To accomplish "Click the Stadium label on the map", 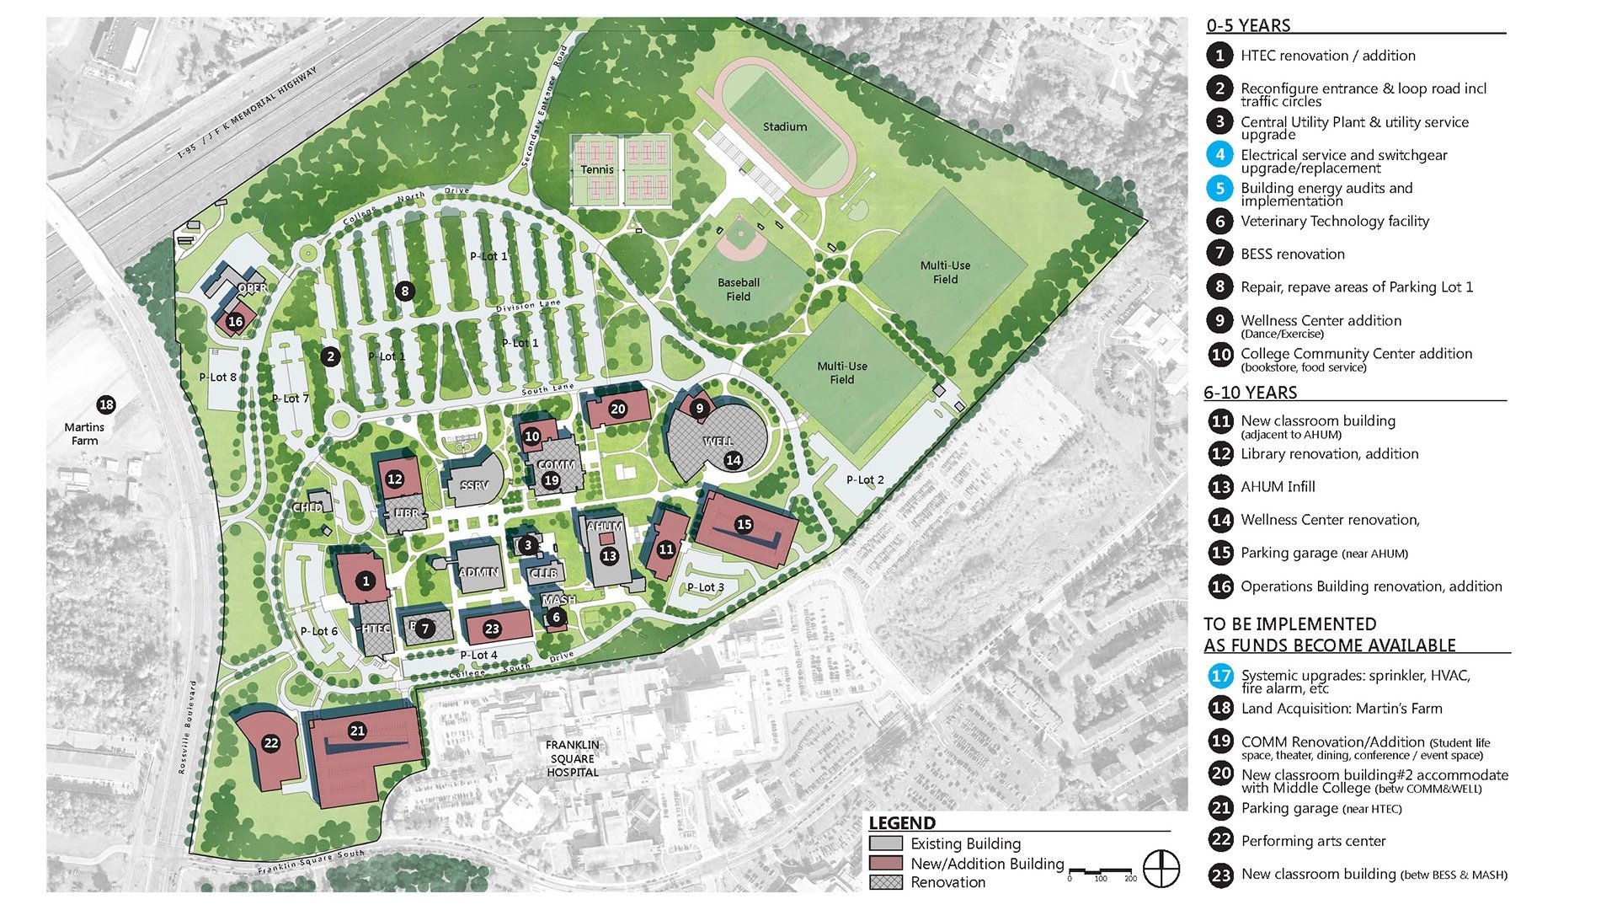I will pyautogui.click(x=784, y=127).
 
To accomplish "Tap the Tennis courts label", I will pyautogui.click(x=597, y=169).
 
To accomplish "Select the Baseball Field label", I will pyautogui.click(x=739, y=289).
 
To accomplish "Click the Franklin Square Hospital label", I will pyautogui.click(x=573, y=758).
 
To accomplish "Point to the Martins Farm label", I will pyautogui.click(x=84, y=434).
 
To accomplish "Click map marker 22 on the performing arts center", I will pyautogui.click(x=270, y=743).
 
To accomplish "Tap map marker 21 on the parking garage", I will pyautogui.click(x=357, y=731).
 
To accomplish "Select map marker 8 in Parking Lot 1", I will pyautogui.click(x=405, y=292).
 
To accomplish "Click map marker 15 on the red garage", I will pyautogui.click(x=744, y=524).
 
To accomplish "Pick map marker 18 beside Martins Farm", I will pyautogui.click(x=106, y=405).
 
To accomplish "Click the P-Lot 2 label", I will pyautogui.click(x=865, y=480).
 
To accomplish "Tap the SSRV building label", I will pyautogui.click(x=474, y=485).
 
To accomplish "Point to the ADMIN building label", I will pyautogui.click(x=478, y=572).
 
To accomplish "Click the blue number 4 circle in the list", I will pyautogui.click(x=1219, y=155).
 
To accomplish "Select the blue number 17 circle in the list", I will pyautogui.click(x=1220, y=676).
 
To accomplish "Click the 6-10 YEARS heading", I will pyautogui.click(x=1250, y=393).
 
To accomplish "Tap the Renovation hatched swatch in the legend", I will pyautogui.click(x=885, y=882).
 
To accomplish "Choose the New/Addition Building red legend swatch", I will pyautogui.click(x=885, y=864).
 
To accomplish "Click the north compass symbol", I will pyautogui.click(x=1161, y=869).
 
